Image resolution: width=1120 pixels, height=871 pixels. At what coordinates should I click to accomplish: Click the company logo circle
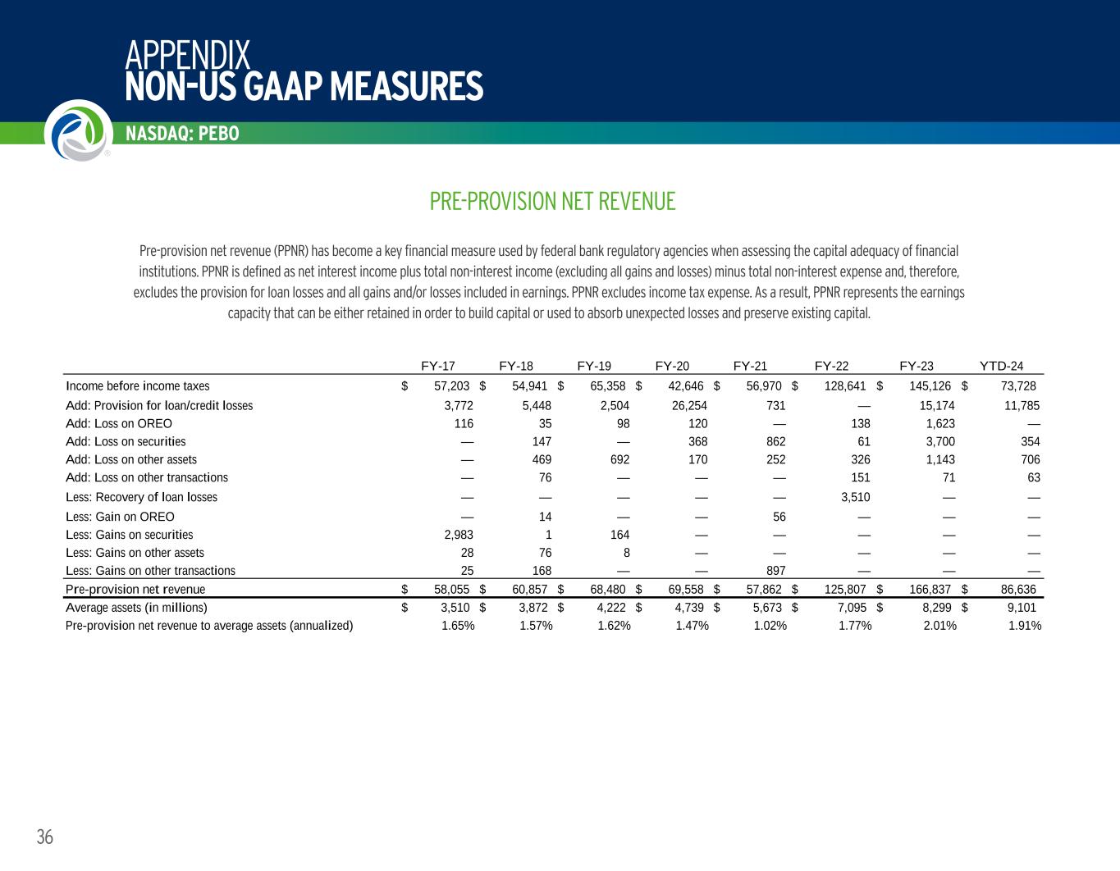pyautogui.click(x=79, y=130)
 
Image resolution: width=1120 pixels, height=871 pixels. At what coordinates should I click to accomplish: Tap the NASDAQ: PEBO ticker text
pyautogui.click(x=182, y=134)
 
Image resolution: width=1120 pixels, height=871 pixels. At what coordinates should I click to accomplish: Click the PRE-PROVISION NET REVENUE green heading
pyautogui.click(x=552, y=201)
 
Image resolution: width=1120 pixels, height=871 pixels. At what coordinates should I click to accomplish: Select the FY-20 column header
pyautogui.click(x=672, y=367)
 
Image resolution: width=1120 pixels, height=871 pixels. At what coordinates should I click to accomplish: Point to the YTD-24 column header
pyautogui.click(x=1001, y=367)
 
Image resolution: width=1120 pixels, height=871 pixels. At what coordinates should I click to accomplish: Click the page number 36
pyautogui.click(x=44, y=837)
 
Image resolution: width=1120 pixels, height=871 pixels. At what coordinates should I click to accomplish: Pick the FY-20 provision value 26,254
pyautogui.click(x=689, y=405)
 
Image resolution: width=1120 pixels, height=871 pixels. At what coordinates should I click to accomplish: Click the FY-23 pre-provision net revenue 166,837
pyautogui.click(x=930, y=590)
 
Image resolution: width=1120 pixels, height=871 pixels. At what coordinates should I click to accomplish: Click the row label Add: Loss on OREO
pyautogui.click(x=119, y=424)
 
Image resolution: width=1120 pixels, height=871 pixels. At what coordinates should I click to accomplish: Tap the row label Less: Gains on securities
pyautogui.click(x=130, y=535)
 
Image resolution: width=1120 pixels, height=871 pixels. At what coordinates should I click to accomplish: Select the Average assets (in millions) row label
pyautogui.click(x=136, y=608)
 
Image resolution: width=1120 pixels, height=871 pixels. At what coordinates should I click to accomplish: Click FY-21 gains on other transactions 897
pyautogui.click(x=775, y=571)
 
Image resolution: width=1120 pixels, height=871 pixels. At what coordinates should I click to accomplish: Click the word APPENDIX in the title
pyautogui.click(x=187, y=55)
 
